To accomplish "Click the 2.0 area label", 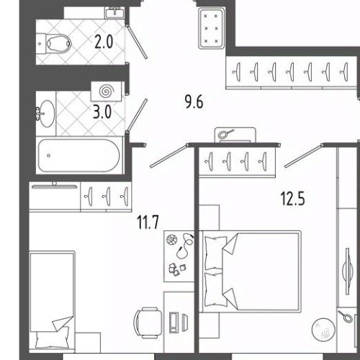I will (x=105, y=40).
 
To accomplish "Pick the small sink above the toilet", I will (x=114, y=12).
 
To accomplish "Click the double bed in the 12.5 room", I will (x=251, y=270).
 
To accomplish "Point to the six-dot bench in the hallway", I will (x=212, y=28).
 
